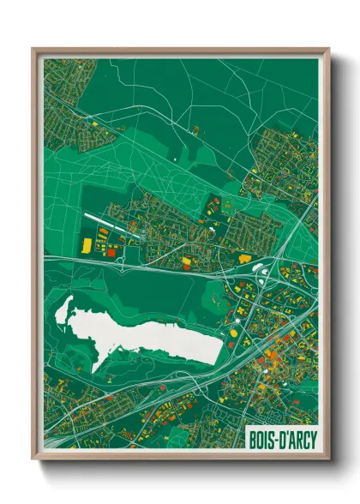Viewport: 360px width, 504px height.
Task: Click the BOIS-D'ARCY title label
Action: (280, 437)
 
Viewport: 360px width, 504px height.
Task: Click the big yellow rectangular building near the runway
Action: (86, 245)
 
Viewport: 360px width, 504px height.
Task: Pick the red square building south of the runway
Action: (110, 253)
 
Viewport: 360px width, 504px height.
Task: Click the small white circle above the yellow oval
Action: (263, 272)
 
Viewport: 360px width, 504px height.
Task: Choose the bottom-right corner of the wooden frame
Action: (328, 459)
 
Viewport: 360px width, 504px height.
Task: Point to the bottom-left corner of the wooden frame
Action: (33, 459)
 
